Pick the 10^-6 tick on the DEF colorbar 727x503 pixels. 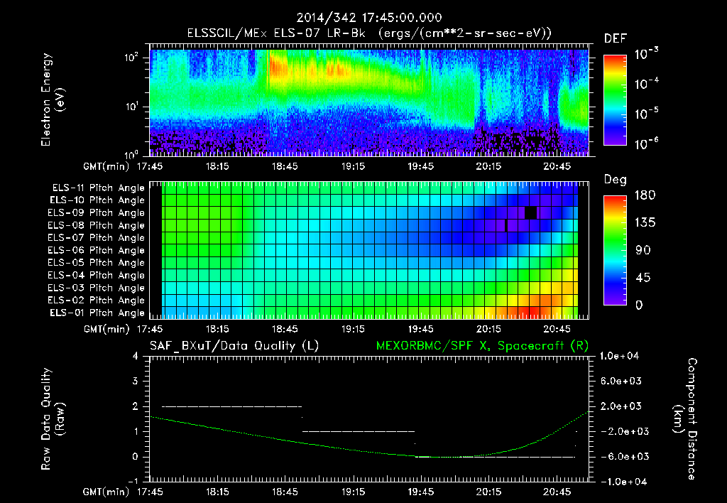[x=647, y=144]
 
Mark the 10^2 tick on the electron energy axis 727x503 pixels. [x=133, y=59]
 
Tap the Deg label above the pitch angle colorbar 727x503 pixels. [x=615, y=180]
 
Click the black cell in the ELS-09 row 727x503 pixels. [x=530, y=213]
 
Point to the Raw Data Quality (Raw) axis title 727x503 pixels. [x=53, y=419]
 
